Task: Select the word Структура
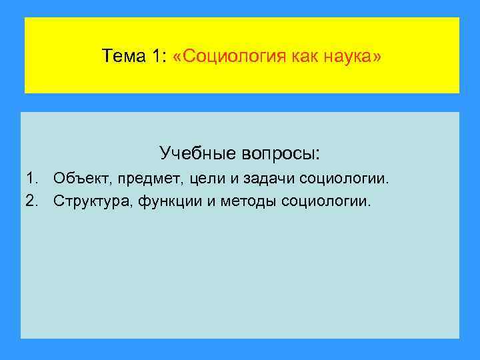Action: coord(95,201)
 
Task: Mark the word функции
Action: coord(175,201)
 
